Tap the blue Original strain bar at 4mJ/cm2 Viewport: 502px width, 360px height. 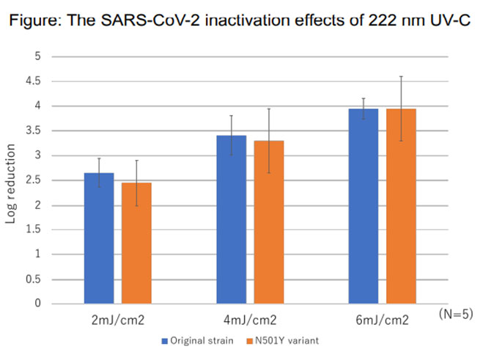[x=232, y=220]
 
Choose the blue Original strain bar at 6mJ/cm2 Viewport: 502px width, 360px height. [x=363, y=206]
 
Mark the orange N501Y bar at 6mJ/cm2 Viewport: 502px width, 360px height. [x=401, y=206]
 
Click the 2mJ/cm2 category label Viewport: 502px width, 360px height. [x=118, y=320]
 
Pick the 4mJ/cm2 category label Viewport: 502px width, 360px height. [x=251, y=320]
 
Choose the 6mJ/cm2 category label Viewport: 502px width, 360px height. [x=383, y=320]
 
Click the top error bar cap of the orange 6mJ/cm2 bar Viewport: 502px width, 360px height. [x=401, y=76]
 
